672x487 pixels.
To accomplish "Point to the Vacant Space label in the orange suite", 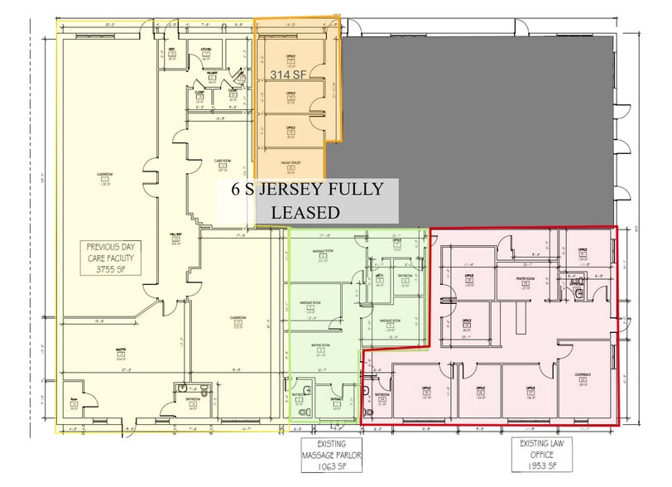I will click(290, 163).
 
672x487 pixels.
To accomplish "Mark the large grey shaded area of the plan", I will click(480, 124).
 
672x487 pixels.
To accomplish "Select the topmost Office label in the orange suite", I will click(290, 56).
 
